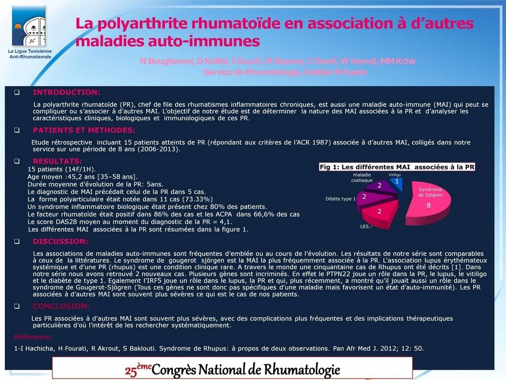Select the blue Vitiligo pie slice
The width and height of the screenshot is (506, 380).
[x=397, y=185]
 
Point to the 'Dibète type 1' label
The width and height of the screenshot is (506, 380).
[x=340, y=199]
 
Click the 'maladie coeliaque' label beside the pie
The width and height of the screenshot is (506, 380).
[x=362, y=178]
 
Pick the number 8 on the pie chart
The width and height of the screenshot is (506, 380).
[x=428, y=205]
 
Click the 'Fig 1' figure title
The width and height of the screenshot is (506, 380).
[x=397, y=167]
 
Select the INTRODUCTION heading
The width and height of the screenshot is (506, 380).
[x=66, y=93]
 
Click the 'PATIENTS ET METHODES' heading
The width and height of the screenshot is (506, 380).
[x=84, y=131]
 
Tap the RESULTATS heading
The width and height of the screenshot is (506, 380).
[x=57, y=161]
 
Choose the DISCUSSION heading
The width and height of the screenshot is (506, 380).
[x=60, y=241]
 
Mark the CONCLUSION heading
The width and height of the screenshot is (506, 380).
[x=61, y=306]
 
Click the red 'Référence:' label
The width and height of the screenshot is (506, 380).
[x=33, y=337]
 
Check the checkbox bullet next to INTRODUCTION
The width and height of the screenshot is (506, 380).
[x=17, y=93]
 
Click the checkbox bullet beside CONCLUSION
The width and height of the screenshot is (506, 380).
[x=17, y=306]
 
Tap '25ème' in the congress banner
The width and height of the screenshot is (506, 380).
[x=136, y=370]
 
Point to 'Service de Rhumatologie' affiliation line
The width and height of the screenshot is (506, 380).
[x=286, y=72]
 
